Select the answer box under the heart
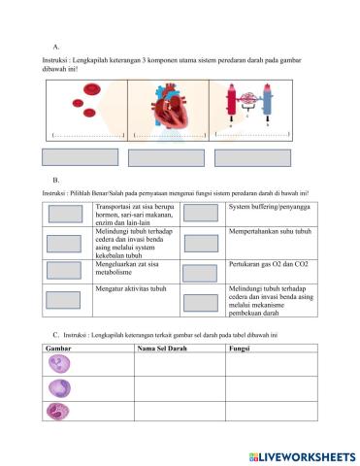(x=166, y=158)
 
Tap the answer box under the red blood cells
(x=82, y=158)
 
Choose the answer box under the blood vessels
(x=252, y=158)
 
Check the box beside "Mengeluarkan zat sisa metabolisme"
(x=66, y=271)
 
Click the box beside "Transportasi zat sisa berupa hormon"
(x=66, y=215)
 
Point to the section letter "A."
(x=57, y=46)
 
